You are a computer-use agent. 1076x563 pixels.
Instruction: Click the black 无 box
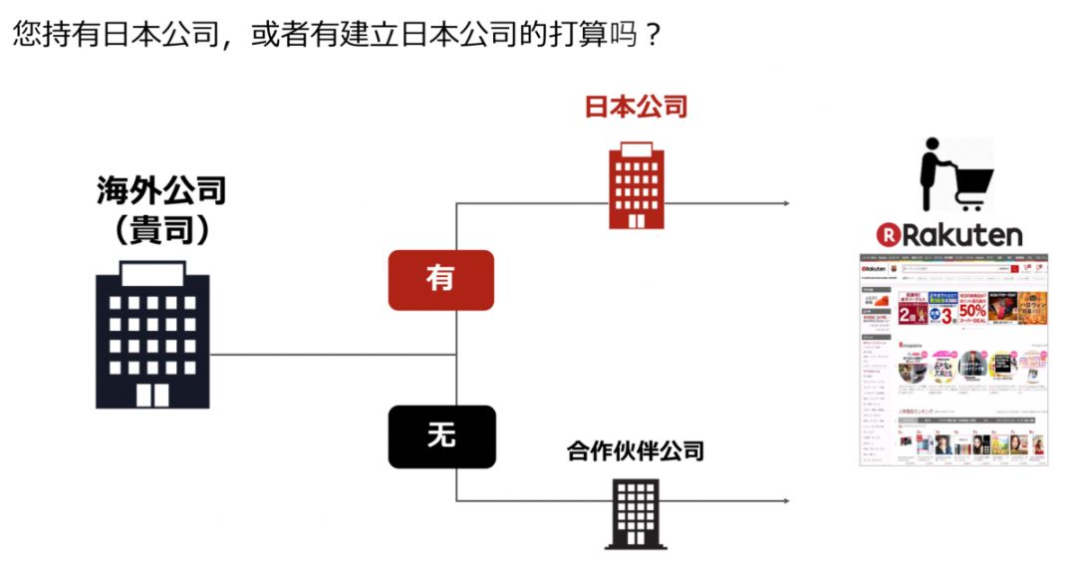point(440,436)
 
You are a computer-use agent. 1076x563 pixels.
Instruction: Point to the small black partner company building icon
point(635,513)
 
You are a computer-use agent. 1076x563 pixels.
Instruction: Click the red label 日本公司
point(636,107)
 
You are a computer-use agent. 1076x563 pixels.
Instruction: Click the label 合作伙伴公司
point(636,451)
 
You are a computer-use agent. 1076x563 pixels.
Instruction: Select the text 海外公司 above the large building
point(161,189)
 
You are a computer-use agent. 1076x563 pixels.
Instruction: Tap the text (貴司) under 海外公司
point(161,231)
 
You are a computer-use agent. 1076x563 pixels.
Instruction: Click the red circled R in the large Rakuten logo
point(888,235)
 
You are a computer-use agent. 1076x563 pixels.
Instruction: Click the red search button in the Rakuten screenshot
point(1014,269)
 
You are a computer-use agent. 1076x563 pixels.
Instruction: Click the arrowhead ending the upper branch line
point(786,204)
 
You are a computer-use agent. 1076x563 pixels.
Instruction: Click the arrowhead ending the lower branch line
point(786,501)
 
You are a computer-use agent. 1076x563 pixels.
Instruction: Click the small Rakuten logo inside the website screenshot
point(874,269)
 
